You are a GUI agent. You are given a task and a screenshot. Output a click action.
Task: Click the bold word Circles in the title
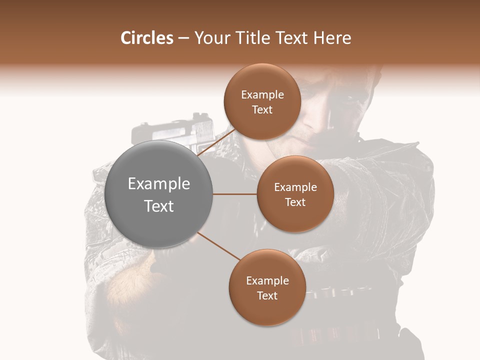[146, 38]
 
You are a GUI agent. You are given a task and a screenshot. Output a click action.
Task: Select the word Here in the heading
[333, 38]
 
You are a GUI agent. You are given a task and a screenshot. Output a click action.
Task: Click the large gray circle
[159, 194]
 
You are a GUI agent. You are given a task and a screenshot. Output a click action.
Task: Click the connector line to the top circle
[216, 141]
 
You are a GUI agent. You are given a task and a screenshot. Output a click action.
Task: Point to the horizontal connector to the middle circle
[235, 194]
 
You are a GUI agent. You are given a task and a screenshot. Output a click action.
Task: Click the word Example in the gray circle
[159, 184]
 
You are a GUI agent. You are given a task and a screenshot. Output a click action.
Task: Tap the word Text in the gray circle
[159, 206]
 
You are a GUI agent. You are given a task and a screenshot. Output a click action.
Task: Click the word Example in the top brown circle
[262, 95]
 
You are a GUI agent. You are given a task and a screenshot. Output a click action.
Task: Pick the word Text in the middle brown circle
[295, 202]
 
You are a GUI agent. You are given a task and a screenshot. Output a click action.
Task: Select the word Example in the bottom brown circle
[267, 280]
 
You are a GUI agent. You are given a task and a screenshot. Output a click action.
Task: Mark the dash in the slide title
[183, 38]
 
